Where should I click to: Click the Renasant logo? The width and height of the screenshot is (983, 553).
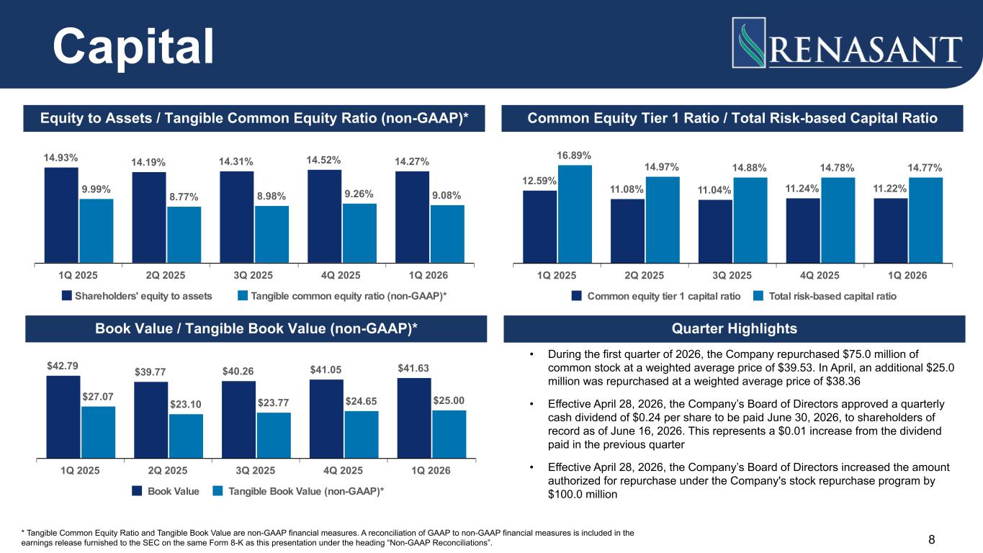pos(847,43)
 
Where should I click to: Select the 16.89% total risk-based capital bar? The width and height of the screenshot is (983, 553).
pos(575,214)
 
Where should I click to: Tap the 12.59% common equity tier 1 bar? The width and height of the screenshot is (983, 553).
pos(539,226)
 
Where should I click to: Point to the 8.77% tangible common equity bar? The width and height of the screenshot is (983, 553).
pos(184,234)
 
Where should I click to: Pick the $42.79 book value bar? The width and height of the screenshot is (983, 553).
pos(63,416)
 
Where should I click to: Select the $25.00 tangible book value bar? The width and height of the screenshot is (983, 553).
pos(449,433)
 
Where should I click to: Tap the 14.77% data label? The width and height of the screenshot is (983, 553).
pos(925,168)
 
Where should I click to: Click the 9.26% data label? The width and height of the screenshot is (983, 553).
pos(359,194)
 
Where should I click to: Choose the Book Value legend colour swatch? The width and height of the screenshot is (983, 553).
pos(137,491)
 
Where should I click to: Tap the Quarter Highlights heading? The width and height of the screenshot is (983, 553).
pos(734,329)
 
